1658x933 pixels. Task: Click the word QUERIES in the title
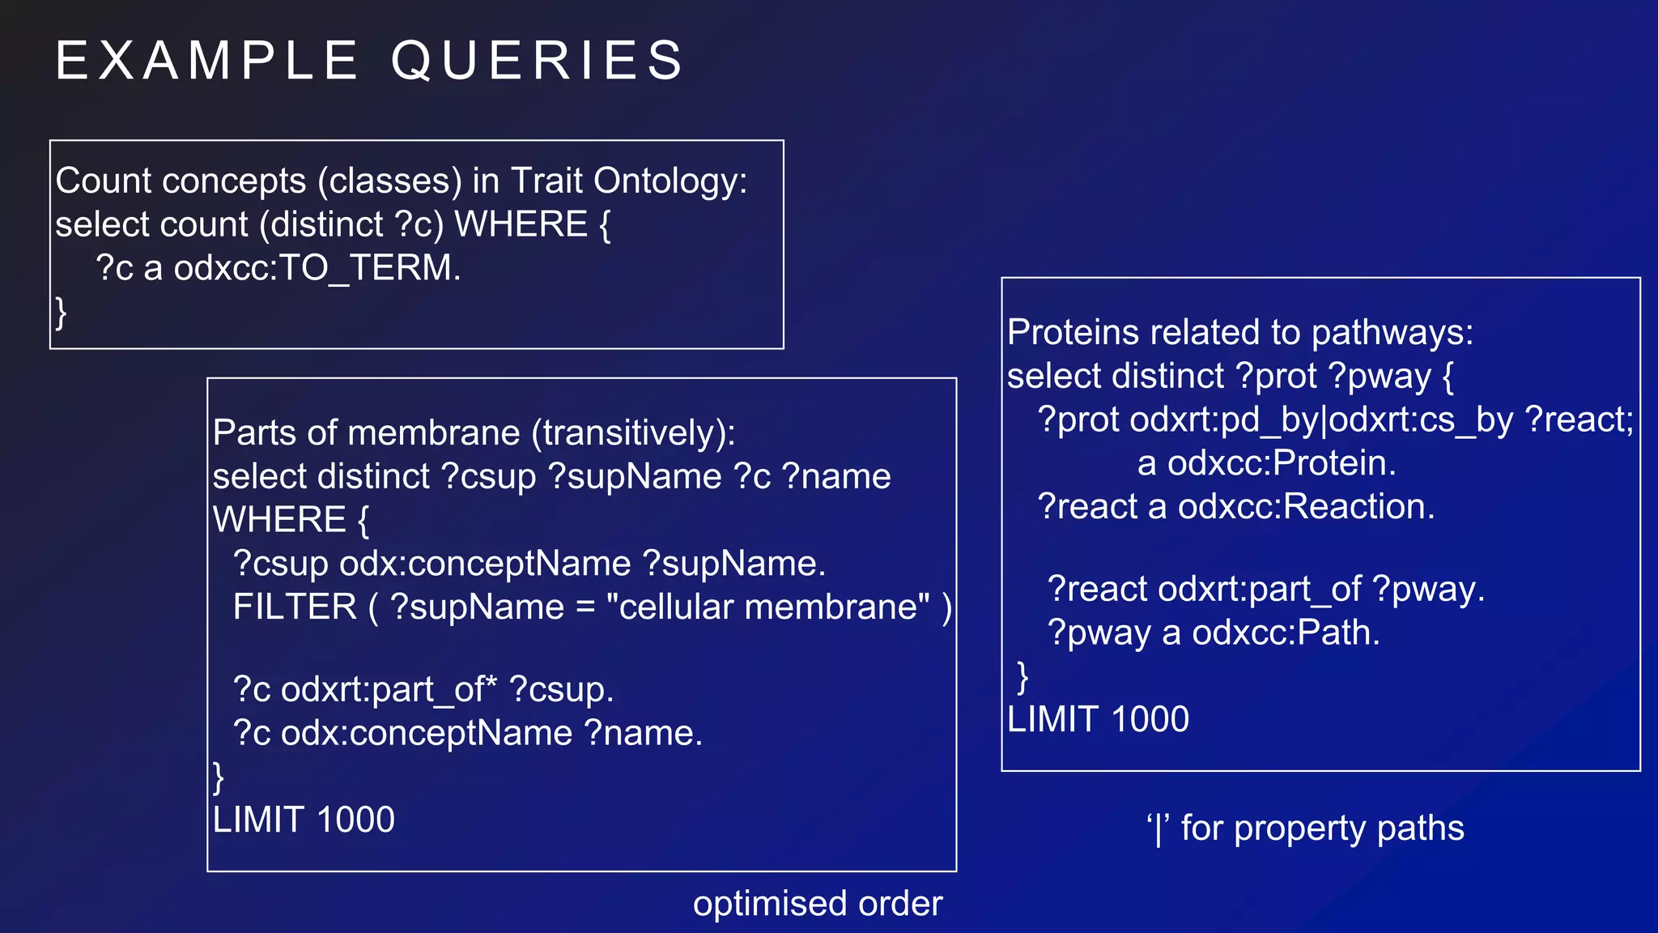[538, 61]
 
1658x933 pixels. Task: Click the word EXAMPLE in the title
[206, 61]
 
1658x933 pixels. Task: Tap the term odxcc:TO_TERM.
[317, 268]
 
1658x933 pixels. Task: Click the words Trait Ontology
[628, 181]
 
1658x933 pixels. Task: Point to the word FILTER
[295, 607]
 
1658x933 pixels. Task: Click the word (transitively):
[633, 432]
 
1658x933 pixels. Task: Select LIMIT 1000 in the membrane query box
[304, 820]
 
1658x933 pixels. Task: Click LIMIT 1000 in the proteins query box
[1098, 720]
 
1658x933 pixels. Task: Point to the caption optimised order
[818, 904]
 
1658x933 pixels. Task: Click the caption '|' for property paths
[1305, 829]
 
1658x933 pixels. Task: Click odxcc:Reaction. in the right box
[1306, 507]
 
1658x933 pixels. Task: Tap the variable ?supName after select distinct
[635, 476]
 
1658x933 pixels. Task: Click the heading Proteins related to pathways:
[1239, 333]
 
